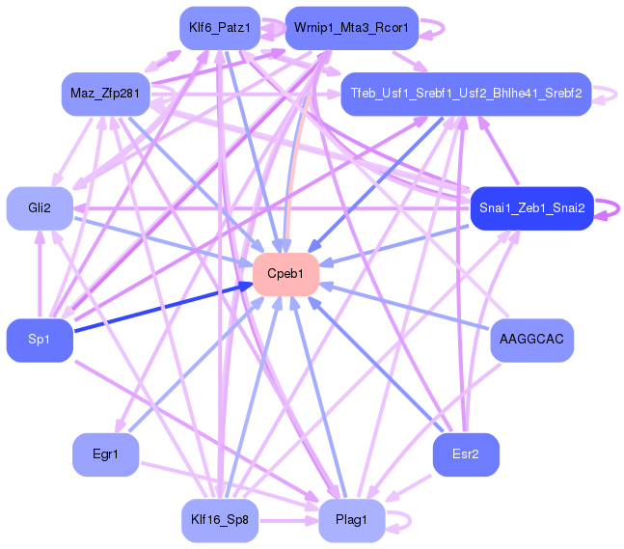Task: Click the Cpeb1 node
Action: (x=285, y=274)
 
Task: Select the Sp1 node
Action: (x=40, y=340)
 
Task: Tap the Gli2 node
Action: (x=40, y=208)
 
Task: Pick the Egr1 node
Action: (x=105, y=453)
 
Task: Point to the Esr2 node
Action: (x=466, y=453)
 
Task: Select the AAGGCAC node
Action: (x=531, y=340)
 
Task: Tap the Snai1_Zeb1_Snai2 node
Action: (x=530, y=208)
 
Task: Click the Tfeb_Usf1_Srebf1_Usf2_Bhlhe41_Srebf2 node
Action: (x=466, y=94)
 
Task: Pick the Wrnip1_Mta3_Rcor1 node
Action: (x=351, y=28)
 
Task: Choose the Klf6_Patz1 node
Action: (x=220, y=28)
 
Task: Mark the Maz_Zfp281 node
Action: (x=105, y=94)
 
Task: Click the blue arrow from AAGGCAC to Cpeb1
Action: (x=405, y=306)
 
